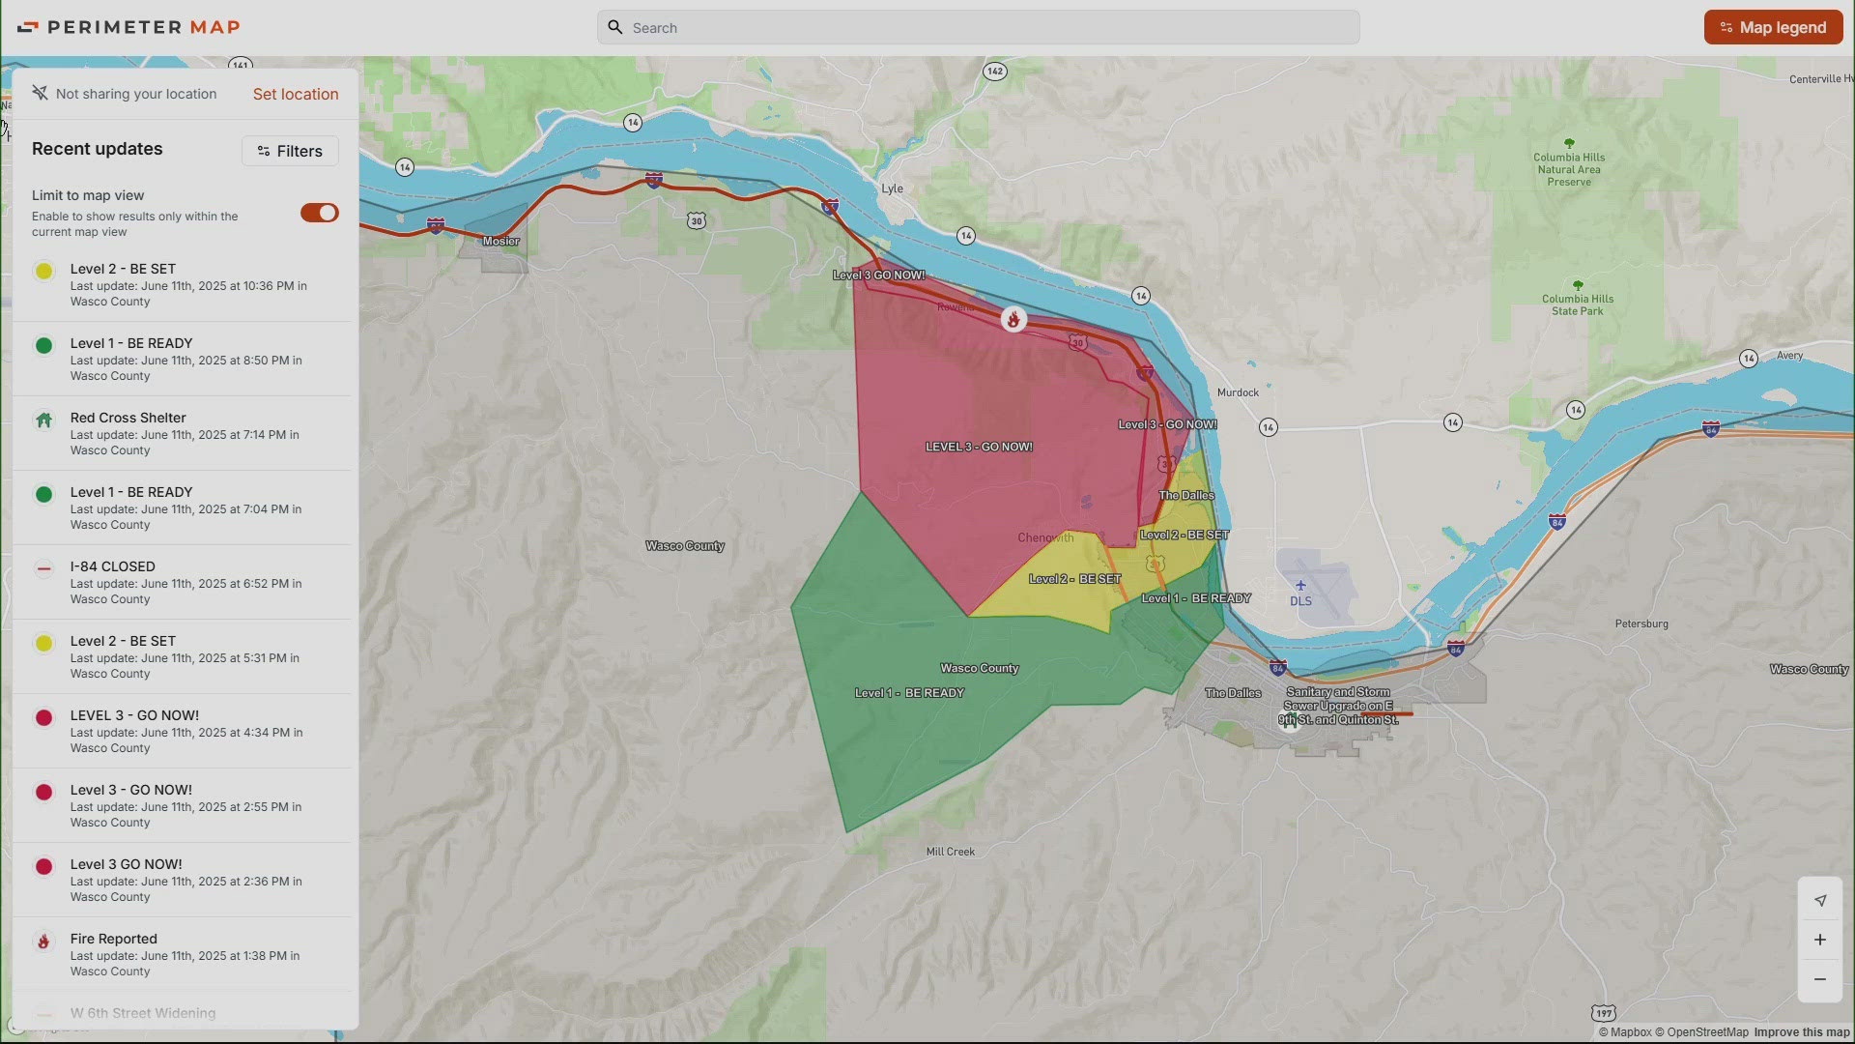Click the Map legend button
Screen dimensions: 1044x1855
pyautogui.click(x=1773, y=27)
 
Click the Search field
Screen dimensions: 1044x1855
pyautogui.click(x=978, y=28)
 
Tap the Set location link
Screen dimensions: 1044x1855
pyautogui.click(x=295, y=94)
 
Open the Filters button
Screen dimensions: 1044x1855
pyautogui.click(x=290, y=151)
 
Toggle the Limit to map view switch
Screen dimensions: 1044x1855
pyautogui.click(x=319, y=213)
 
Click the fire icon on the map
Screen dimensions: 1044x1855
pyautogui.click(x=1013, y=320)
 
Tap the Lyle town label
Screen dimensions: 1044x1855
pyautogui.click(x=892, y=188)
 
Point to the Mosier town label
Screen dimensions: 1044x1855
pyautogui.click(x=500, y=241)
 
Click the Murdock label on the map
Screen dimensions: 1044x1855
pyautogui.click(x=1238, y=392)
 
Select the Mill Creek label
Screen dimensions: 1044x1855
pyautogui.click(x=950, y=852)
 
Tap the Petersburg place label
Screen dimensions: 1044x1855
pyautogui.click(x=1641, y=623)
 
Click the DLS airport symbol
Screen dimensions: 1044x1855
pyautogui.click(x=1300, y=586)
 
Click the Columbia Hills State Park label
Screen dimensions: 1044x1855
pyautogui.click(x=1577, y=304)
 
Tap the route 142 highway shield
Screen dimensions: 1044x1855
pyautogui.click(x=994, y=72)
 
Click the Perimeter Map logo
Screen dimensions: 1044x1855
pyautogui.click(x=129, y=27)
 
